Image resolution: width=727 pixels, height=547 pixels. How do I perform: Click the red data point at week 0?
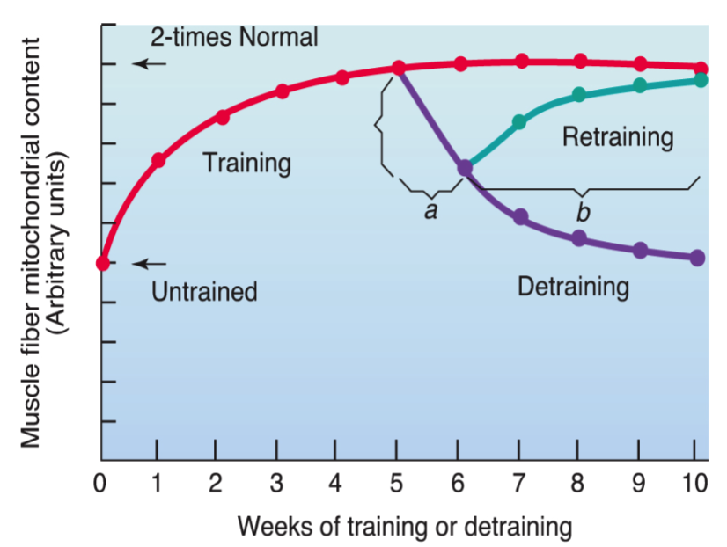point(103,263)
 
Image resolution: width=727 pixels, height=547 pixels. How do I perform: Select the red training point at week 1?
point(158,160)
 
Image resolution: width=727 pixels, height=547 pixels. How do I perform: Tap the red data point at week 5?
point(398,68)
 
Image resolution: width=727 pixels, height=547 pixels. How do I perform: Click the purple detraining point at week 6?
point(465,166)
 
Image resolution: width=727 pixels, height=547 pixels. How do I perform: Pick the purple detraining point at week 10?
point(698,258)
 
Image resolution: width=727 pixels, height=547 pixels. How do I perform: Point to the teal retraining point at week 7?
point(519,122)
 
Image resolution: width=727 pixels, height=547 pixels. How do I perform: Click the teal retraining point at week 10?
point(701,80)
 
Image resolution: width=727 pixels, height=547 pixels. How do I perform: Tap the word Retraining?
point(618,137)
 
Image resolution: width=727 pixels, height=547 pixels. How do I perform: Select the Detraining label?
point(573,287)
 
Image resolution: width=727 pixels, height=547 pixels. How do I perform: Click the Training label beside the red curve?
point(246,163)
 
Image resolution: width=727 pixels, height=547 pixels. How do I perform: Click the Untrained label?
point(204,292)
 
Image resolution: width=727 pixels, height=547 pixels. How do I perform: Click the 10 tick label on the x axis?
point(695,485)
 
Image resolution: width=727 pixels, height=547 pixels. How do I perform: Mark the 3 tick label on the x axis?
point(275,485)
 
